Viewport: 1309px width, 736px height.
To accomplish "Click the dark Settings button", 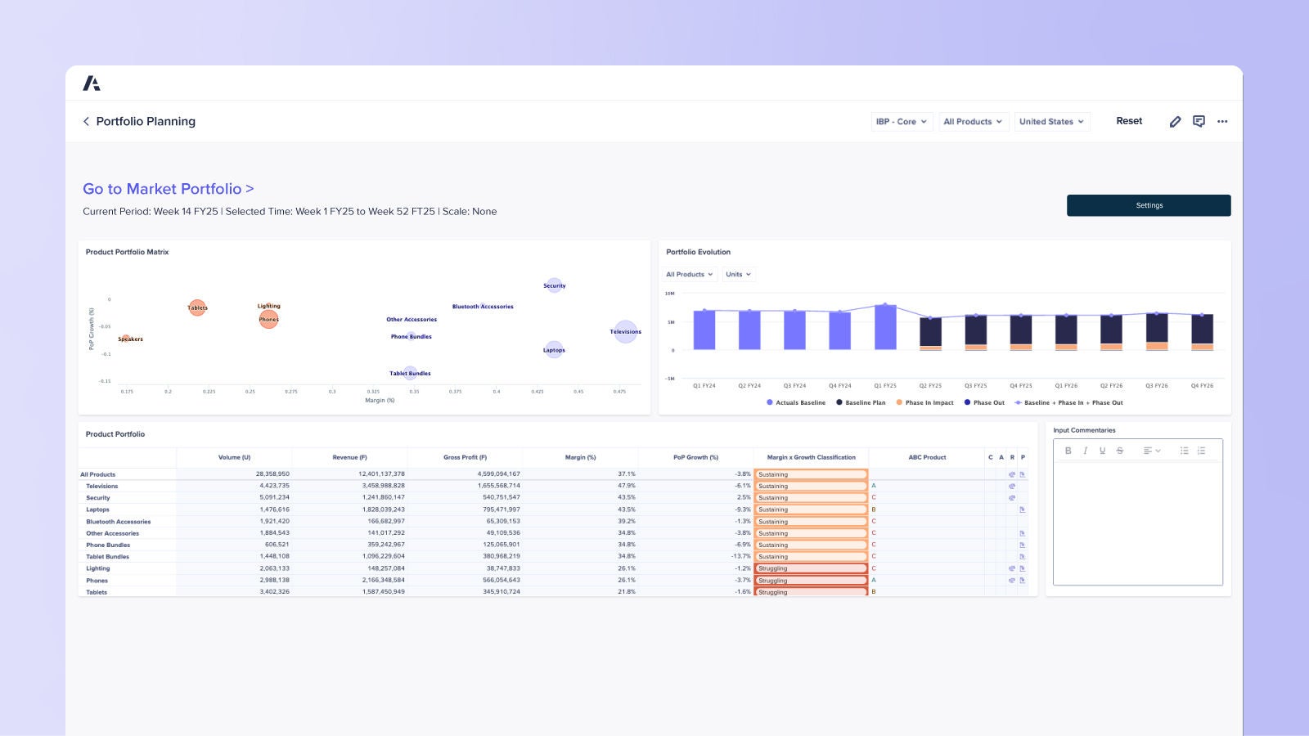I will coord(1148,205).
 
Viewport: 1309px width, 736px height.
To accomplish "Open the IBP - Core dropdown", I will coord(902,122).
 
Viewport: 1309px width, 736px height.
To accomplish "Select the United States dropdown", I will coord(1051,122).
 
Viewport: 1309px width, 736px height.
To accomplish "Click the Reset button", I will coord(1129,121).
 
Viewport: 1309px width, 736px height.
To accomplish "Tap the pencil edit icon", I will coord(1175,122).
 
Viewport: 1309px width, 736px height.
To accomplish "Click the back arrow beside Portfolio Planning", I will coord(86,121).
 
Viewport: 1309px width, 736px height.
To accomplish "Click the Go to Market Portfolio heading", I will coord(168,189).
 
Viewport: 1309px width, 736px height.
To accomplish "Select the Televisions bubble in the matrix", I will coord(625,331).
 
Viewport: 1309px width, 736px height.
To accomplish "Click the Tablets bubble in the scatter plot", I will coord(197,307).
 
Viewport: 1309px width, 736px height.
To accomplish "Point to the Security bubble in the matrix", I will coord(554,285).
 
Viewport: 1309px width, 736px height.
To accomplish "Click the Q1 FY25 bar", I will coord(885,327).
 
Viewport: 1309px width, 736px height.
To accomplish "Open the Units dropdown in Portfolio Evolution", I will coord(738,275).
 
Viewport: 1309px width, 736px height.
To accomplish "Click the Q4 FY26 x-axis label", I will coord(1201,385).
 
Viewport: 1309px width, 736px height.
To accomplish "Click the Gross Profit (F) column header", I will coord(465,457).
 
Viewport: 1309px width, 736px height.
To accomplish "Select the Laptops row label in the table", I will coord(98,509).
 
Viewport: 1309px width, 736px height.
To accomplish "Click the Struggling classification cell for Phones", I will coord(810,581).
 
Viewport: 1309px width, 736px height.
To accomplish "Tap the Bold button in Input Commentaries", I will coord(1068,451).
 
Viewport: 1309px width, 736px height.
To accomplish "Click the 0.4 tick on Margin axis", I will coord(496,392).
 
